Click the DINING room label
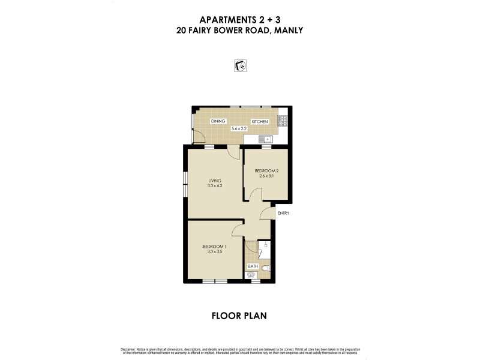tap(218, 122)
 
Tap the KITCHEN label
tap(260, 122)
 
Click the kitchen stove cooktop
tap(283, 121)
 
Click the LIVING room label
tap(215, 180)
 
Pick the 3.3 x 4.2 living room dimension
tap(215, 186)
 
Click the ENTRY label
tap(283, 212)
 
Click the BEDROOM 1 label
tap(214, 247)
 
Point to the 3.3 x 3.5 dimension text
tap(214, 253)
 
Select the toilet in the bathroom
tap(266, 268)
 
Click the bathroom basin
tap(251, 275)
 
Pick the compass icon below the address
tap(240, 65)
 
